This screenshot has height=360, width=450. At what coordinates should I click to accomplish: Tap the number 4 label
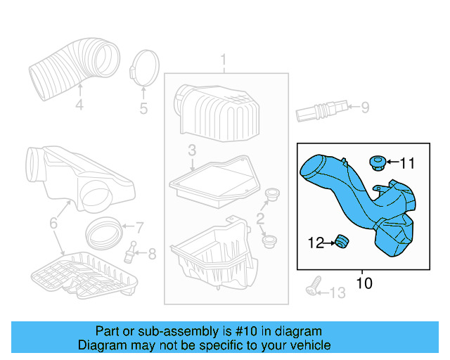point(79,105)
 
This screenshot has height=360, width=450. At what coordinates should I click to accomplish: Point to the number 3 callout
point(192,150)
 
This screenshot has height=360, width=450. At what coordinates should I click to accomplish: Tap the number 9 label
point(364,108)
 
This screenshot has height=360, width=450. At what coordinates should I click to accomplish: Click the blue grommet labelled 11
point(378,164)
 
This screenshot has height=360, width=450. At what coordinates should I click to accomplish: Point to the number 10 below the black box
point(364,283)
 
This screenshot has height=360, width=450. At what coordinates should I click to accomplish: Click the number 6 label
point(54,224)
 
